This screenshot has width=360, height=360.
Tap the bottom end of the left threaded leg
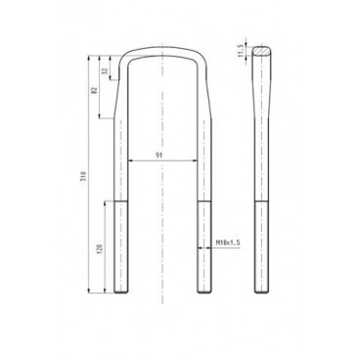point(120,292)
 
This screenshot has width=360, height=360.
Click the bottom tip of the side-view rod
point(261,292)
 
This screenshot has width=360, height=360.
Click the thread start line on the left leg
point(120,201)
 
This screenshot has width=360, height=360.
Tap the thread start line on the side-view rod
point(261,201)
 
